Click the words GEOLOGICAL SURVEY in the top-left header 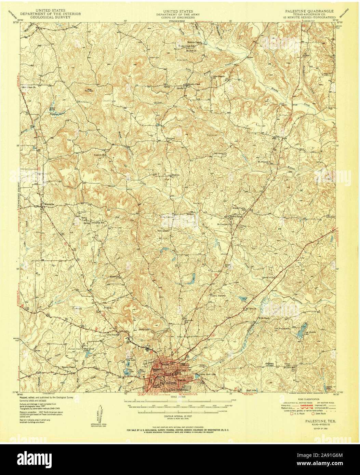pyautogui.click(x=50, y=17)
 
